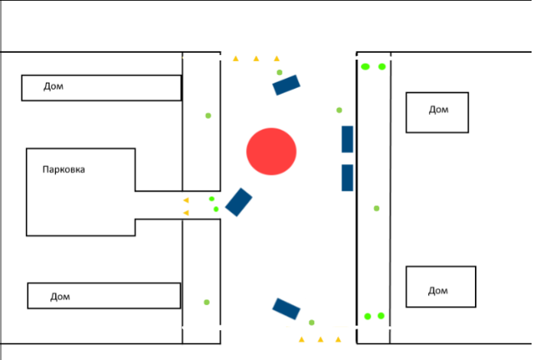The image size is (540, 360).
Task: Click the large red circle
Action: click(x=271, y=152)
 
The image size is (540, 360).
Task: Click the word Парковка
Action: click(x=64, y=169)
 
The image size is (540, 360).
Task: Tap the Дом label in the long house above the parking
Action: click(x=54, y=86)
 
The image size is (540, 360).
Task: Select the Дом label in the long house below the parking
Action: click(x=61, y=296)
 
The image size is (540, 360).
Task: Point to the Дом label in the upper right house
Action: click(x=438, y=110)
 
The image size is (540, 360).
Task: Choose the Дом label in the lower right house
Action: click(x=438, y=291)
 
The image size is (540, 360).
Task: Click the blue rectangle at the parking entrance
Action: click(x=239, y=202)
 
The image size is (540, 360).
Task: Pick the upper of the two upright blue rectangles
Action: click(x=347, y=139)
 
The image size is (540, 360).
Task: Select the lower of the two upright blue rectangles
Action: click(x=347, y=178)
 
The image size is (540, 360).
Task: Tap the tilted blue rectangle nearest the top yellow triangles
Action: click(x=286, y=85)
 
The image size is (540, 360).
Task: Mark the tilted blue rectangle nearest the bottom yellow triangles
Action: click(x=286, y=309)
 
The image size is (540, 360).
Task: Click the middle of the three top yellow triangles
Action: click(x=257, y=58)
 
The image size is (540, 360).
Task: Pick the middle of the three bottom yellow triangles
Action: click(x=321, y=339)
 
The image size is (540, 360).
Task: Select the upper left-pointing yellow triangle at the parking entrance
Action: click(x=186, y=200)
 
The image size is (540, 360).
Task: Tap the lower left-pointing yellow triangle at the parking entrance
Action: click(x=186, y=213)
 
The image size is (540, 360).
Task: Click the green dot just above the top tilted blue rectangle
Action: click(x=280, y=72)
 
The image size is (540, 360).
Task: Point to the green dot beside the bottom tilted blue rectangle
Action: click(x=311, y=322)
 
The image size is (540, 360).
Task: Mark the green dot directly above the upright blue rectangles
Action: click(x=339, y=110)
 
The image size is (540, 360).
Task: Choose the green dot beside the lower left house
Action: click(x=207, y=302)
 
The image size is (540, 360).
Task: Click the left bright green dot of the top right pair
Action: click(x=365, y=67)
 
